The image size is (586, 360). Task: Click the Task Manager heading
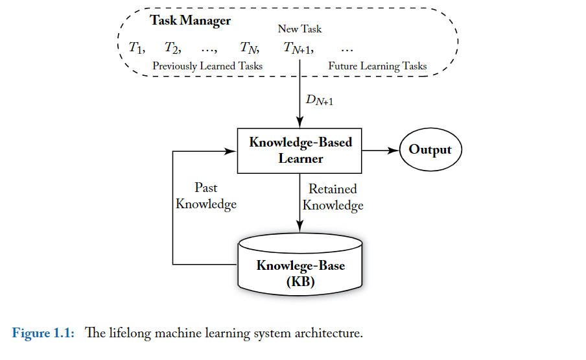[190, 21]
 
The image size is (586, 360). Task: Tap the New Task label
[299, 29]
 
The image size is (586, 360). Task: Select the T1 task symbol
[136, 47]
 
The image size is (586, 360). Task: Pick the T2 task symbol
[172, 47]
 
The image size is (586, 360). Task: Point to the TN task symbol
[249, 47]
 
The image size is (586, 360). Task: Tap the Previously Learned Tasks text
[207, 66]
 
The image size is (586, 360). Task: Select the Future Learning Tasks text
[377, 66]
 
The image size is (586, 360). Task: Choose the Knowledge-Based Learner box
[300, 150]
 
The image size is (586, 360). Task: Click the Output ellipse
[430, 150]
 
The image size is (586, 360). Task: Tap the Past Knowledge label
[206, 196]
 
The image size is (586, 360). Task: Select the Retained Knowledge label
[333, 197]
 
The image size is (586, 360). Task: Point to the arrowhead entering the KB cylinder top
[300, 226]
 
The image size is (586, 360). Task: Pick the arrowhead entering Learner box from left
[232, 150]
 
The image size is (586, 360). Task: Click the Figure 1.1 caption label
[43, 333]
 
